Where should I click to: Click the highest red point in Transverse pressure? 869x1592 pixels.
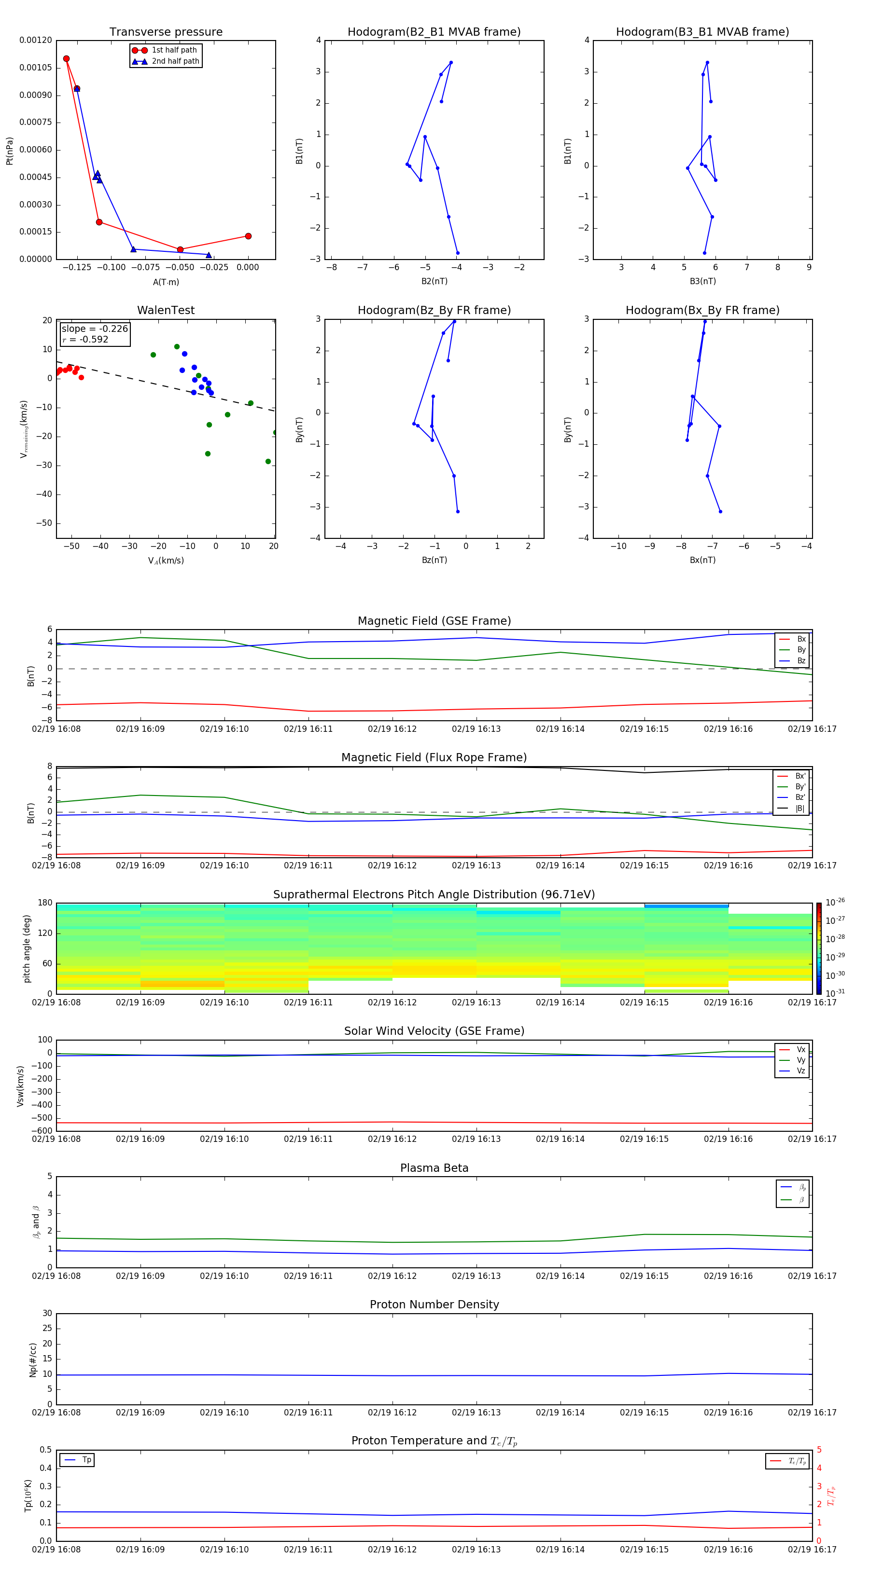click(x=66, y=59)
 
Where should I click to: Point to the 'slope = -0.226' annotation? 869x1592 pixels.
click(x=95, y=329)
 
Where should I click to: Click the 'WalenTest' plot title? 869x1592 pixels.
click(x=166, y=310)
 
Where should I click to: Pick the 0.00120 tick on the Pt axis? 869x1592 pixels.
click(x=36, y=40)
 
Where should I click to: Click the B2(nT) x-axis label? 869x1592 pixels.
click(x=434, y=281)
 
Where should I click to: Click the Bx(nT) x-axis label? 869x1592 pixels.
click(x=702, y=560)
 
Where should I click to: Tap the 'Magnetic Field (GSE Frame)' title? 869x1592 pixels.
click(x=434, y=621)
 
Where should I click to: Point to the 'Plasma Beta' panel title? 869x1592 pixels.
click(x=434, y=1168)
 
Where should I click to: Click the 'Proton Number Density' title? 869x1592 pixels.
click(x=434, y=1304)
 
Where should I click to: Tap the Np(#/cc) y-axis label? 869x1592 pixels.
click(x=33, y=1359)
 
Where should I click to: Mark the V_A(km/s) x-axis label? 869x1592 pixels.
click(x=166, y=561)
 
